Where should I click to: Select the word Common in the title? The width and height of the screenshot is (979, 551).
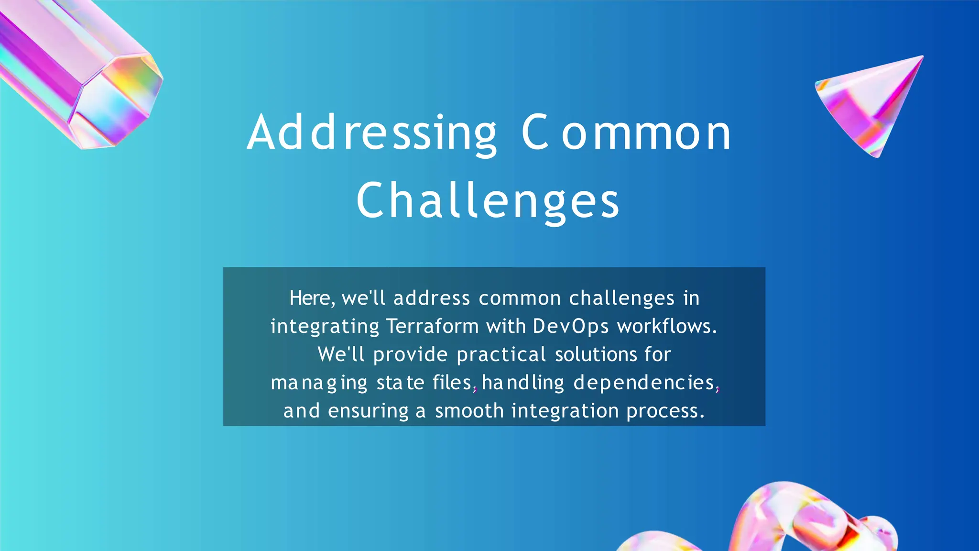tap(626, 133)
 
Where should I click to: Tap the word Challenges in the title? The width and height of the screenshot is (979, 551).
tap(488, 201)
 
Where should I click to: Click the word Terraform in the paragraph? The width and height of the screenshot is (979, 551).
tap(433, 326)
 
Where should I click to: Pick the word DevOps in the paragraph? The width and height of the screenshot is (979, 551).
tap(571, 326)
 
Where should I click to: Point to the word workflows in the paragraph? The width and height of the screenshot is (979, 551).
tap(667, 326)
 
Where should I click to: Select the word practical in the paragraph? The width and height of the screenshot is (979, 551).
tap(501, 354)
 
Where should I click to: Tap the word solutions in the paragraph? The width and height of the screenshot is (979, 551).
tap(596, 354)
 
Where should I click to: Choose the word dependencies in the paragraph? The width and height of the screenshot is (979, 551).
tap(644, 383)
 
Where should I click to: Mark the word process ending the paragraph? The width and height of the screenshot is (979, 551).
tap(665, 411)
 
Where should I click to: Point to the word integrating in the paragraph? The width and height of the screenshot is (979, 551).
tap(325, 326)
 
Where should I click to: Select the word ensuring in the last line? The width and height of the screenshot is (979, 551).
tap(368, 411)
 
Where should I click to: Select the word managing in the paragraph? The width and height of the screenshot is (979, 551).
tap(319, 383)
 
